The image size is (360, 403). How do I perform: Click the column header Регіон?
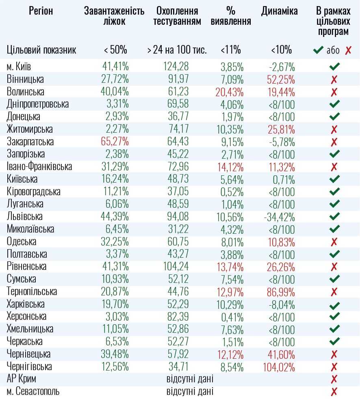coord(41,11)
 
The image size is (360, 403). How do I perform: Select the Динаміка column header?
coord(280,11)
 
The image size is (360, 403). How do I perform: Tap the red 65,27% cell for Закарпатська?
coord(115,142)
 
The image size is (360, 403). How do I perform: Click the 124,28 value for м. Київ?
coord(176,67)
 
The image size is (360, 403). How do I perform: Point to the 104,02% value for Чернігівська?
coord(279,367)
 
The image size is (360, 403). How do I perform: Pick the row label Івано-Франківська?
coord(39,167)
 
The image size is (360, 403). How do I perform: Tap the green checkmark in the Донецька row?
coord(334,117)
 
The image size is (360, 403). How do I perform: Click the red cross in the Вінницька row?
coord(334,79)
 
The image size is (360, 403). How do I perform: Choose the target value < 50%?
coord(115,50)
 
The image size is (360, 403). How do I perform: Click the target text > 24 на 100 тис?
coord(177,50)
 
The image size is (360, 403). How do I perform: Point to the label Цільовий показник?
coord(41,50)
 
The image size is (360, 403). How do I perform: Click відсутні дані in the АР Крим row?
coord(190,379)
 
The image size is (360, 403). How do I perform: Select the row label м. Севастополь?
coord(33,392)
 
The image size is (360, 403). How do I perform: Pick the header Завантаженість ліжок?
coord(114,16)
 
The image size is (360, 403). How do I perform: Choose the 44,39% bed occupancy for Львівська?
coord(115,217)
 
